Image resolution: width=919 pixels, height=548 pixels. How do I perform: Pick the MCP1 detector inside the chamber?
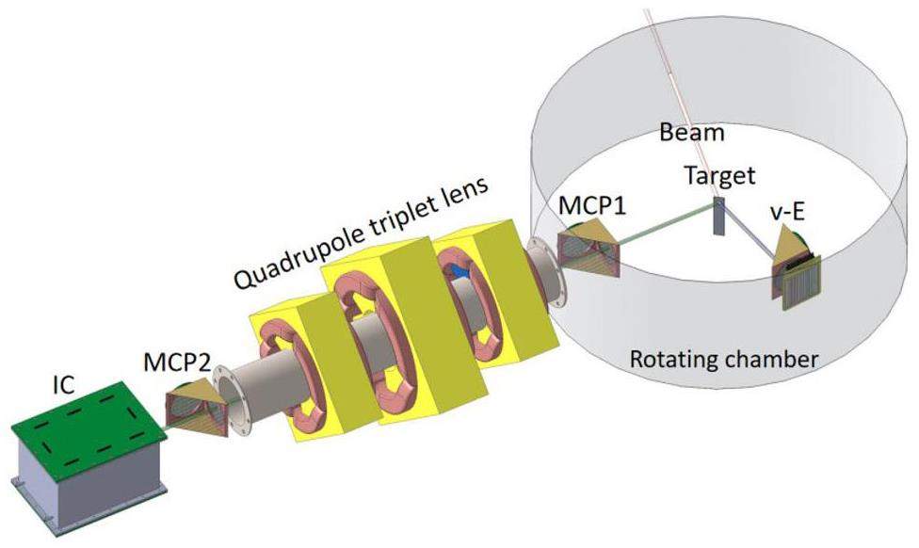[x=585, y=247]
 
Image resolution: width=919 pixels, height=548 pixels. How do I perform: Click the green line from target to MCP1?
[x=664, y=225]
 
